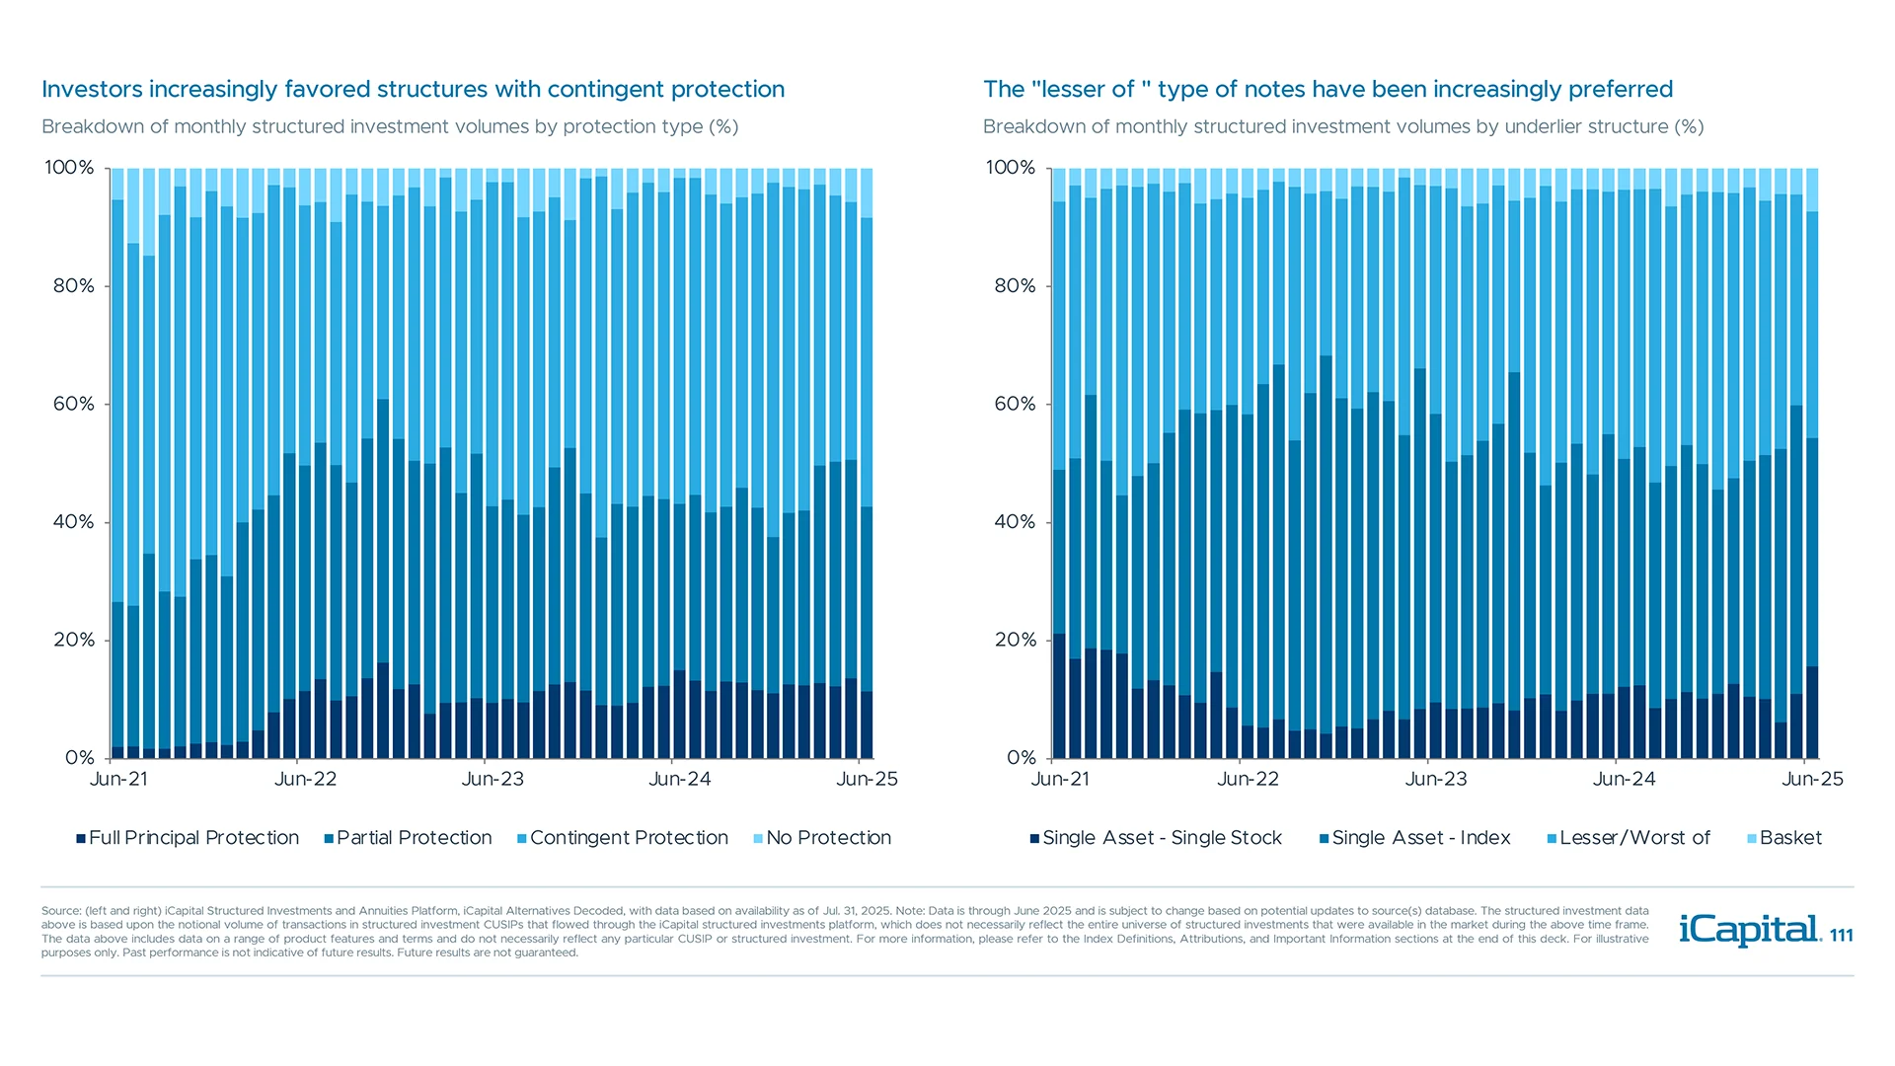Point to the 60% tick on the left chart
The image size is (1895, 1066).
(x=74, y=404)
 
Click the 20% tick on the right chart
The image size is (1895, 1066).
(x=1016, y=640)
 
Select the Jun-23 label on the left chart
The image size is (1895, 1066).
(x=493, y=779)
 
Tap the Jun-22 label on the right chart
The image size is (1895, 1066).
(x=1248, y=779)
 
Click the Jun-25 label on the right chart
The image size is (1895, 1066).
(x=1812, y=779)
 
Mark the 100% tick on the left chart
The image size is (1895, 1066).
(x=69, y=168)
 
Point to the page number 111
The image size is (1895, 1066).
(x=1842, y=936)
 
